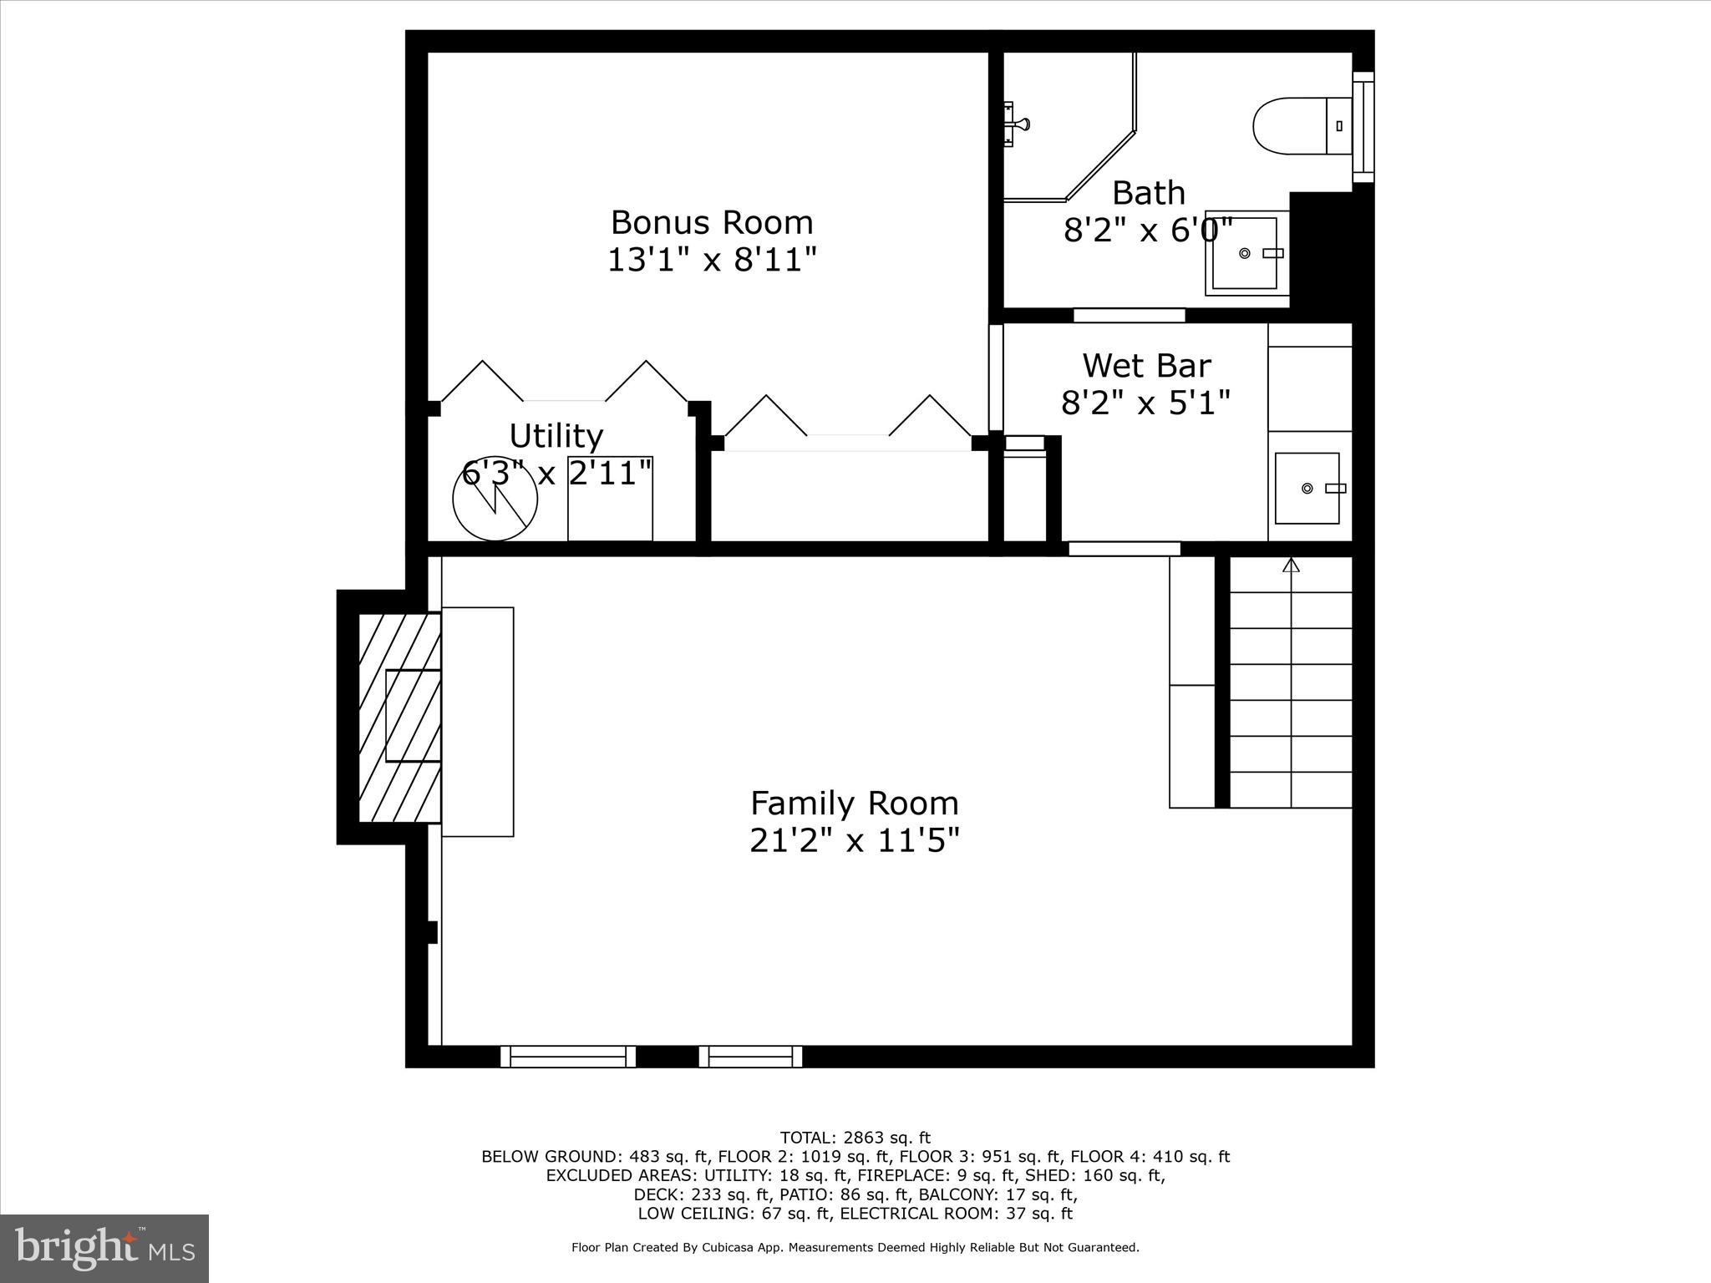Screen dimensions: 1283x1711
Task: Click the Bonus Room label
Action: point(711,222)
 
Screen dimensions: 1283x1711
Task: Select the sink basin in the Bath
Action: point(1246,253)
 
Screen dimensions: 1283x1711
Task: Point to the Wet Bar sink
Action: point(1307,489)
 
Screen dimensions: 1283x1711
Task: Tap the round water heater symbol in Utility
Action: point(495,499)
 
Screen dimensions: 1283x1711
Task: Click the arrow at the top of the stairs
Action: point(1291,565)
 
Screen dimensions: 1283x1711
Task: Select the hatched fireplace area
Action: point(399,717)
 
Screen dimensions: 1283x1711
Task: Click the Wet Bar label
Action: point(1146,365)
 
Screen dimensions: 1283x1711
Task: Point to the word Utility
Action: point(556,436)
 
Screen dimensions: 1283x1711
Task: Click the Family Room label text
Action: point(854,804)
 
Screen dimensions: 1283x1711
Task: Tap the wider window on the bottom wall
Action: point(568,1057)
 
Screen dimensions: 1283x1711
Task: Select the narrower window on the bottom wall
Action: point(750,1057)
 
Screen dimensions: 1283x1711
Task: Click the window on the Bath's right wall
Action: point(1363,126)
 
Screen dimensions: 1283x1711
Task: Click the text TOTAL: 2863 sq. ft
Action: point(854,1138)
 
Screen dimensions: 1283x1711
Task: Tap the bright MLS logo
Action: point(104,1248)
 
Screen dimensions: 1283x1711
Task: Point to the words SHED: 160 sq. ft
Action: point(1095,1175)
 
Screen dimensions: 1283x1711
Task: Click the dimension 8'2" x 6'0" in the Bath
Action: point(1147,230)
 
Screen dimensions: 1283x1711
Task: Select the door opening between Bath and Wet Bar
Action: point(1129,316)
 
